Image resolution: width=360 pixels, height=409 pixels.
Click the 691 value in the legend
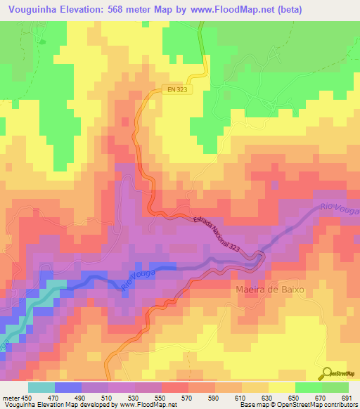345,398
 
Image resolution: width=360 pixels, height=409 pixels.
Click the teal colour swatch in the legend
41,387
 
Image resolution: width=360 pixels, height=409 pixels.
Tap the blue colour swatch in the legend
67,387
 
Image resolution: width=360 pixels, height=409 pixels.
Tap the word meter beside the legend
11,398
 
